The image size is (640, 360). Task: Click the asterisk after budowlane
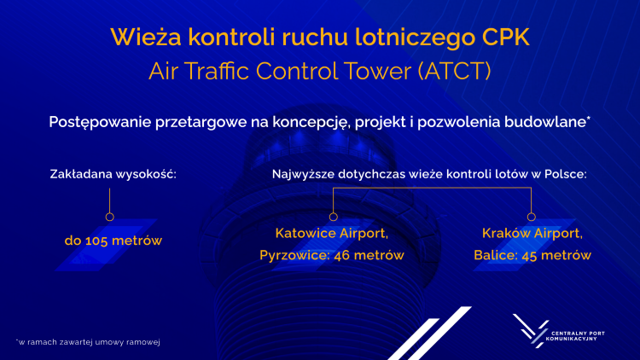click(588, 120)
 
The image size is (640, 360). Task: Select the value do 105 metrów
click(113, 241)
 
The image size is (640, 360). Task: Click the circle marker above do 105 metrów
click(109, 216)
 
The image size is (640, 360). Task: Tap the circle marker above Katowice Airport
click(333, 216)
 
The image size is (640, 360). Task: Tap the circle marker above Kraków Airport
click(532, 216)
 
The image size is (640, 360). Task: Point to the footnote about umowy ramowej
click(89, 341)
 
